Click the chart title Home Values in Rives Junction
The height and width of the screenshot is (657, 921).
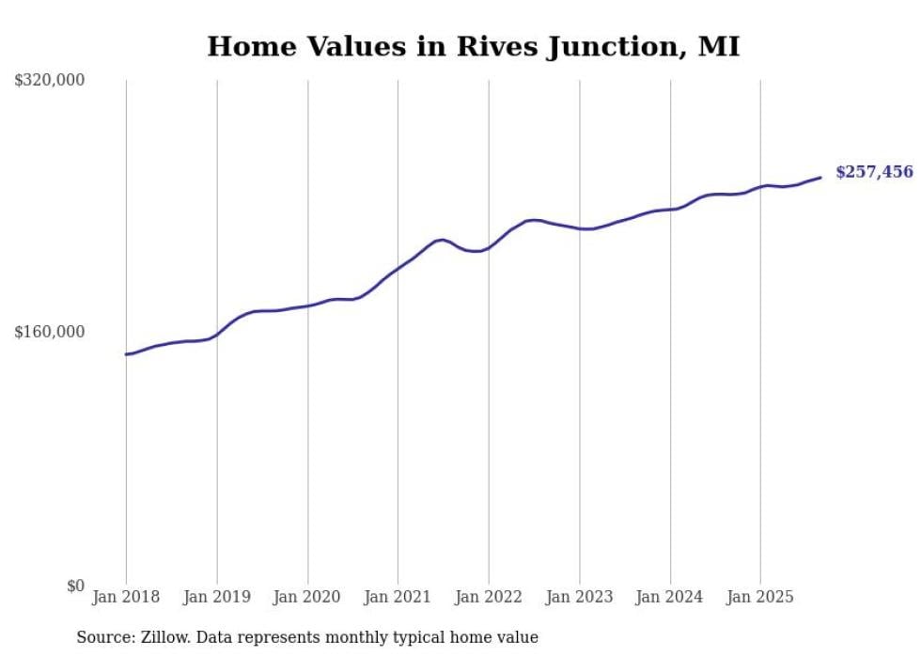(473, 46)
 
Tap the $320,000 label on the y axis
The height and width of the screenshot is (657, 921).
(50, 81)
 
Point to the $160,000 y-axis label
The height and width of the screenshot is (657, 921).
(50, 332)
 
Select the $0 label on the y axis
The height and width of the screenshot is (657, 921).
(75, 586)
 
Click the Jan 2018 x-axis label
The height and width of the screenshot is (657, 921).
(126, 597)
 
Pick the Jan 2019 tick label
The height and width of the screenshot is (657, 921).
(217, 597)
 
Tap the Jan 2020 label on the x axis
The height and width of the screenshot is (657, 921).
(307, 597)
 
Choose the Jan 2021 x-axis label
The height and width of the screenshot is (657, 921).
(398, 597)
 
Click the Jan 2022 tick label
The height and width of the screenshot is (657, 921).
(489, 597)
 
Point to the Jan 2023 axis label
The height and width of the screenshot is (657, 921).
(579, 597)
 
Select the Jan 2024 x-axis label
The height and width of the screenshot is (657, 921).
(670, 597)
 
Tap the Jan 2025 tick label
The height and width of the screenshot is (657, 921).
(760, 597)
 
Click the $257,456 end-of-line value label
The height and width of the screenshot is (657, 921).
(874, 172)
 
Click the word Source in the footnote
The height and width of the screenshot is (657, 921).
(103, 637)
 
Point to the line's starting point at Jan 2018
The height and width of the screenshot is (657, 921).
(127, 354)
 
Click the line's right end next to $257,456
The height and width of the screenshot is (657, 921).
(820, 177)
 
